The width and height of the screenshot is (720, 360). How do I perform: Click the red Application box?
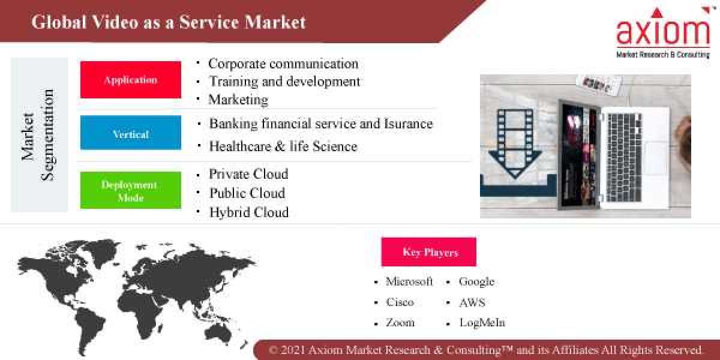click(x=130, y=80)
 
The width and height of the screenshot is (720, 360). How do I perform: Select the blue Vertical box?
click(x=130, y=133)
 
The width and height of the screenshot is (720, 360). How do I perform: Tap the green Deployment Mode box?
click(x=130, y=190)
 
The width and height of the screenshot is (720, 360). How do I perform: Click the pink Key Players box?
click(x=428, y=252)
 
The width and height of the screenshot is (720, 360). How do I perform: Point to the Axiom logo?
click(x=663, y=33)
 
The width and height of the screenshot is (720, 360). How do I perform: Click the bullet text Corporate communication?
click(x=283, y=64)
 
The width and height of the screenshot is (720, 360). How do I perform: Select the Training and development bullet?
click(x=284, y=81)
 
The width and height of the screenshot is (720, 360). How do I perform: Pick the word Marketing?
click(x=238, y=99)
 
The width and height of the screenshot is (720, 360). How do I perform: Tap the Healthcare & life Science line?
click(x=283, y=146)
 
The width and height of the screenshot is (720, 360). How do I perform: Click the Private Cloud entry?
click(x=248, y=174)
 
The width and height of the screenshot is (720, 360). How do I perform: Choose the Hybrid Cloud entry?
click(x=248, y=212)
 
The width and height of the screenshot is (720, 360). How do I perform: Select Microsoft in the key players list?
click(x=409, y=281)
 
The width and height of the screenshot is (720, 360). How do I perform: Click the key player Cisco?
click(x=400, y=302)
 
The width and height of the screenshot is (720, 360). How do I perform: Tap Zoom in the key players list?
click(x=400, y=322)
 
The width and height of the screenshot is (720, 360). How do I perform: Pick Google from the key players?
click(x=476, y=281)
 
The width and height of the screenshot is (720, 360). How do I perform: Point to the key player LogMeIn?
click(x=482, y=322)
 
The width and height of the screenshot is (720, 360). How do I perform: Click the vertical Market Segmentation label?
click(x=38, y=134)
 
